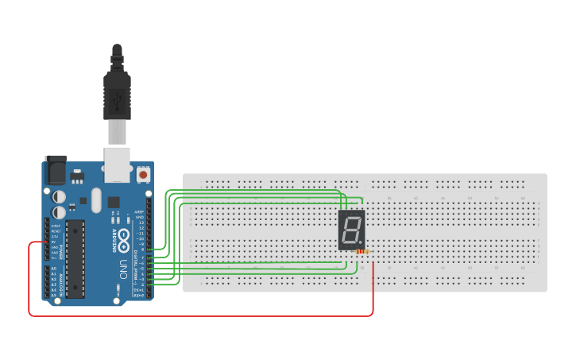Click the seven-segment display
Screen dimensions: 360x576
click(352, 230)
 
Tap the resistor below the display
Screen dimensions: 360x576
click(362, 251)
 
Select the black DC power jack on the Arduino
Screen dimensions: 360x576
click(55, 169)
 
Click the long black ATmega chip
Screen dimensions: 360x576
click(75, 259)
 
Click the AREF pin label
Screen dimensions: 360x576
click(140, 212)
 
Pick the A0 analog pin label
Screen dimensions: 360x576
click(54, 269)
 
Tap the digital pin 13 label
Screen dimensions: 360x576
click(141, 223)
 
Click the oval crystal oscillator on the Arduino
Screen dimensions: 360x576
click(97, 199)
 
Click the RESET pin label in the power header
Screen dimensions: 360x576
click(54, 231)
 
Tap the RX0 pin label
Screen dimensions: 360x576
click(139, 295)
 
